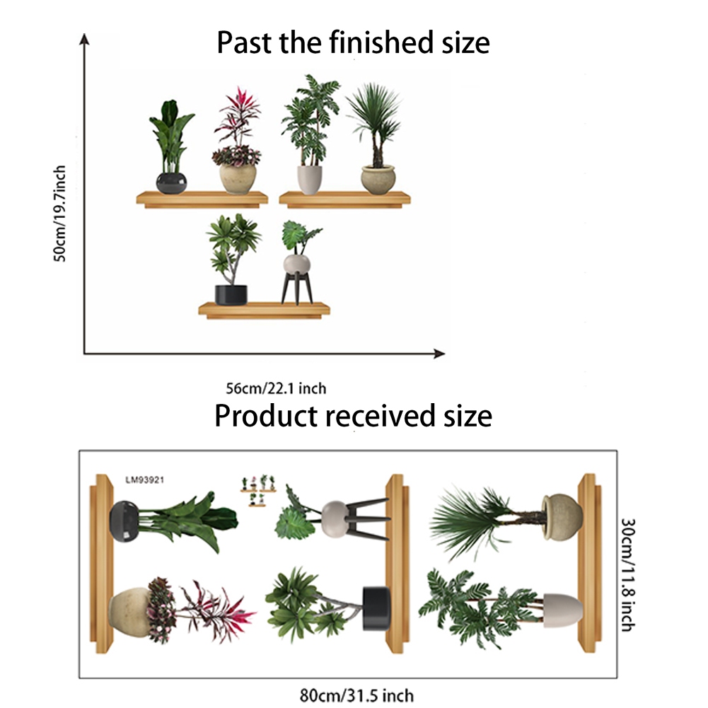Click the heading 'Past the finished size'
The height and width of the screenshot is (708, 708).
353,42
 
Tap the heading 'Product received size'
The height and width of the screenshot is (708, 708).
353,415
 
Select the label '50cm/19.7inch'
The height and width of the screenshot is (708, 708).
59,213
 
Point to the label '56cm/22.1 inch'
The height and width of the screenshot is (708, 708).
276,388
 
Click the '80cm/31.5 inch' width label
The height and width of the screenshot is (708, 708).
356,695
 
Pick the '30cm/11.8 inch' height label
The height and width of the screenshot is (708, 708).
628,574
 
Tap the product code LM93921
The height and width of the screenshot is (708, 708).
144,480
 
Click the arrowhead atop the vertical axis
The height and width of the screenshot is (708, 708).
84,39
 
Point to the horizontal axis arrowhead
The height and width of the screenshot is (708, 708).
439,354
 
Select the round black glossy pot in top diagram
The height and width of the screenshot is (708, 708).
171,183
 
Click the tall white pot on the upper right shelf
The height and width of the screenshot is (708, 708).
310,180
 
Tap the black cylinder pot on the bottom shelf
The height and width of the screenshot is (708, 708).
231,295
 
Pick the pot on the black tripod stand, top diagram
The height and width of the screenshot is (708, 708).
296,264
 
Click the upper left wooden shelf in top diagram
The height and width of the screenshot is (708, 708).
202,199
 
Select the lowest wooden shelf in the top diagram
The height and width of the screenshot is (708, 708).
264,311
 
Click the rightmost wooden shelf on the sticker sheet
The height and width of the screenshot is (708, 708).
589,563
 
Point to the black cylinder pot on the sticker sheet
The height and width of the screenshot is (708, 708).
376,608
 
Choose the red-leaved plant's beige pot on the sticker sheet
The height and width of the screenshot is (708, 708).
129,612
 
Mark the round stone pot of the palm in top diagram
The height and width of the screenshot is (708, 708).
378,180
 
